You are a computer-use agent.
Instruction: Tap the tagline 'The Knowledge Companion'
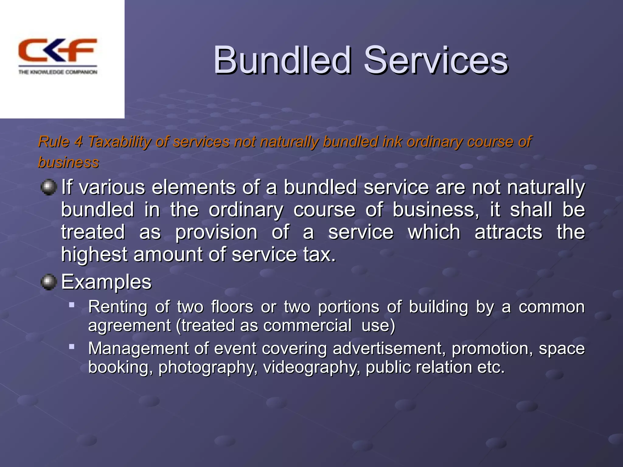click(x=58, y=72)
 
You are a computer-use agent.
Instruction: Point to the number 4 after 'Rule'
click(x=78, y=142)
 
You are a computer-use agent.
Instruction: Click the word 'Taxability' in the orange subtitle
click(x=120, y=142)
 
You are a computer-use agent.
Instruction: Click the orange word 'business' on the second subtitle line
click(x=68, y=162)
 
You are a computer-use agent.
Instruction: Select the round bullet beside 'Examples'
click(x=49, y=282)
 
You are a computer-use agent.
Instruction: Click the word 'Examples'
click(x=106, y=282)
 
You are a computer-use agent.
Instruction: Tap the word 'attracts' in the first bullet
click(x=508, y=232)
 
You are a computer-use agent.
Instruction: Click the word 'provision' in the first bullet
click(x=216, y=233)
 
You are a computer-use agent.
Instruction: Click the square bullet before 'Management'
click(x=72, y=346)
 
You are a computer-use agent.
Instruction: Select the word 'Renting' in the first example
click(x=118, y=307)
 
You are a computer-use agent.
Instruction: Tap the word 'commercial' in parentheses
click(x=307, y=325)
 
